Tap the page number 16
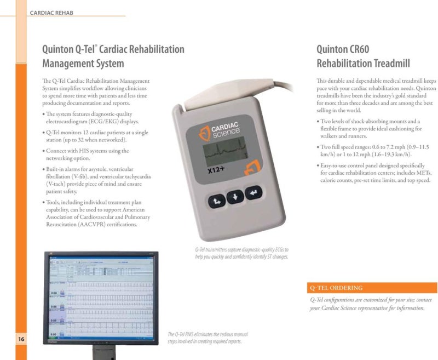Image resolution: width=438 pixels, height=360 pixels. [x=21, y=340]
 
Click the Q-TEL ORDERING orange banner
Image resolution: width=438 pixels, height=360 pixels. [x=373, y=288]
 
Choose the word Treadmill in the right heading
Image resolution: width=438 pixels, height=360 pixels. [x=389, y=64]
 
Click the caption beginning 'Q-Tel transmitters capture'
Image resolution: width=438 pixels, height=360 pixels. [x=241, y=253]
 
